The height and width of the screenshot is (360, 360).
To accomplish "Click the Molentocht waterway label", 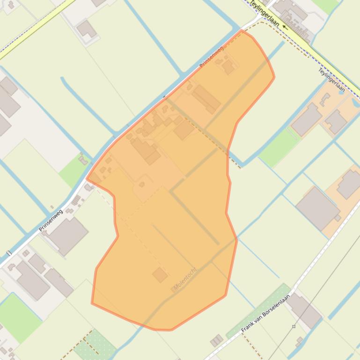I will click(x=185, y=280).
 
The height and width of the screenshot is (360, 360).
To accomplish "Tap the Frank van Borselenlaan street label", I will click(x=265, y=313).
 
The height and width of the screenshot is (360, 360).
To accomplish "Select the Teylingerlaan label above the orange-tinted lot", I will click(x=331, y=79).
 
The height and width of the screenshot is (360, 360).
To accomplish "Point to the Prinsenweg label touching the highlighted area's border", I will click(x=212, y=56).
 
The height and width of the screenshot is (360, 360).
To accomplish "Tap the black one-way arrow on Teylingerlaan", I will click(x=285, y=28).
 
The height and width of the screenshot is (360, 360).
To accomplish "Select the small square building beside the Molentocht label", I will click(x=160, y=274).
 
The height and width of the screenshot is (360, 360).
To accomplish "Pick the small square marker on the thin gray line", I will click(x=294, y=326).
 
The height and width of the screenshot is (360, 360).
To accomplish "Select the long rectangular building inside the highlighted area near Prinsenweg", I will click(x=206, y=99).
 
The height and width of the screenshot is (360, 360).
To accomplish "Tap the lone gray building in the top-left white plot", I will click(x=86, y=29).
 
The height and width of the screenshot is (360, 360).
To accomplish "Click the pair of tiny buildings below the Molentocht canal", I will click(x=216, y=340).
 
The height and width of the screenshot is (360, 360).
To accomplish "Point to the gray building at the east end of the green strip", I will click(x=304, y=311).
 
